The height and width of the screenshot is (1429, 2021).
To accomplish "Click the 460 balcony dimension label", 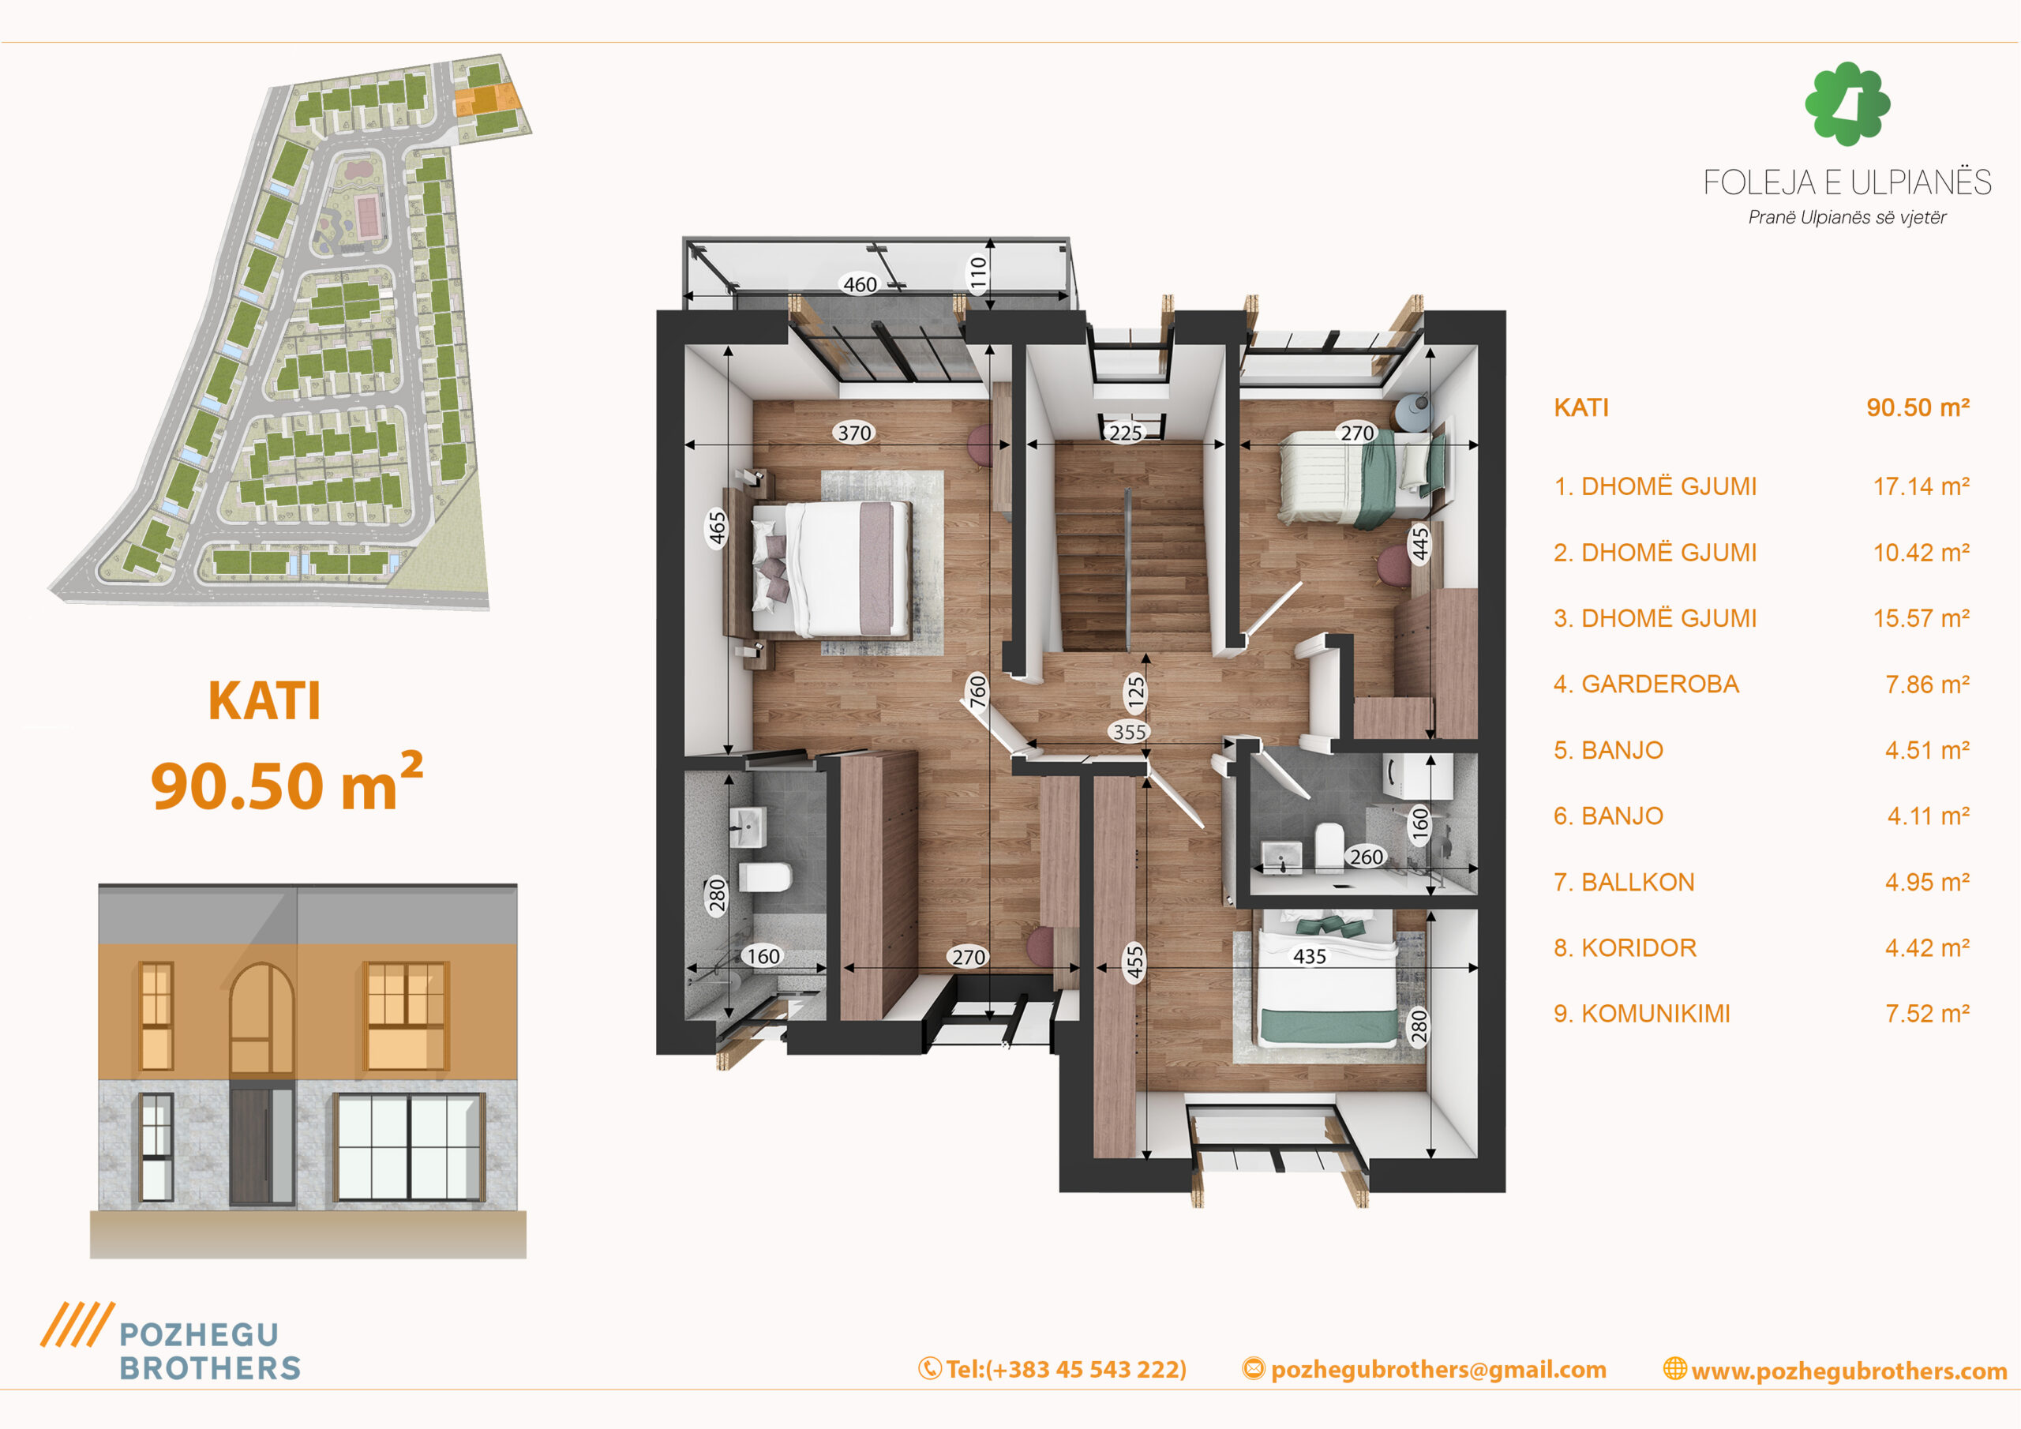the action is [x=860, y=284].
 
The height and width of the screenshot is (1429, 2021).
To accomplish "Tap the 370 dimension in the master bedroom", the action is [x=854, y=433].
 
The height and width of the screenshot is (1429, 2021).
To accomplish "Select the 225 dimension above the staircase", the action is [x=1125, y=433].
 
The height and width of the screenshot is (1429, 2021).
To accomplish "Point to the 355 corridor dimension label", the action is [x=1130, y=732].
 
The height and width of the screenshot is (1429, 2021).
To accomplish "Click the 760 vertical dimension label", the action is [x=978, y=691].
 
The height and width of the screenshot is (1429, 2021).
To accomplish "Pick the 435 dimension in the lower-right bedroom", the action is [x=1310, y=956].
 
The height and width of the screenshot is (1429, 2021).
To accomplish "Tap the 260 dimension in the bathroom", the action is [x=1366, y=857].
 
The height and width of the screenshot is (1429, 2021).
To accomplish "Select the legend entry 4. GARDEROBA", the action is [x=1646, y=684].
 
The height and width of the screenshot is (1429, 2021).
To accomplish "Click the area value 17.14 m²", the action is [x=1922, y=486].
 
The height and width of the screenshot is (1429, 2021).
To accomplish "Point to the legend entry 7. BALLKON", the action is [x=1624, y=882].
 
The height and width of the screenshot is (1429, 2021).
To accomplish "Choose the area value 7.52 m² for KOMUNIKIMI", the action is [x=1928, y=1014].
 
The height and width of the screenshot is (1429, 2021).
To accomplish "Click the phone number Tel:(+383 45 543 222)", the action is [x=1053, y=1369].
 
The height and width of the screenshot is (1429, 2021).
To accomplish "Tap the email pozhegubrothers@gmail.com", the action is [x=1424, y=1369].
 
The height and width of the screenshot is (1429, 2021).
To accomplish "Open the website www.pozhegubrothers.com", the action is [x=1835, y=1370].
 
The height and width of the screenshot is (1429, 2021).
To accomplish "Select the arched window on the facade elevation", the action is [x=261, y=1019].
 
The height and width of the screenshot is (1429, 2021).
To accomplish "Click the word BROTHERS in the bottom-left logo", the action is [x=210, y=1368].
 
